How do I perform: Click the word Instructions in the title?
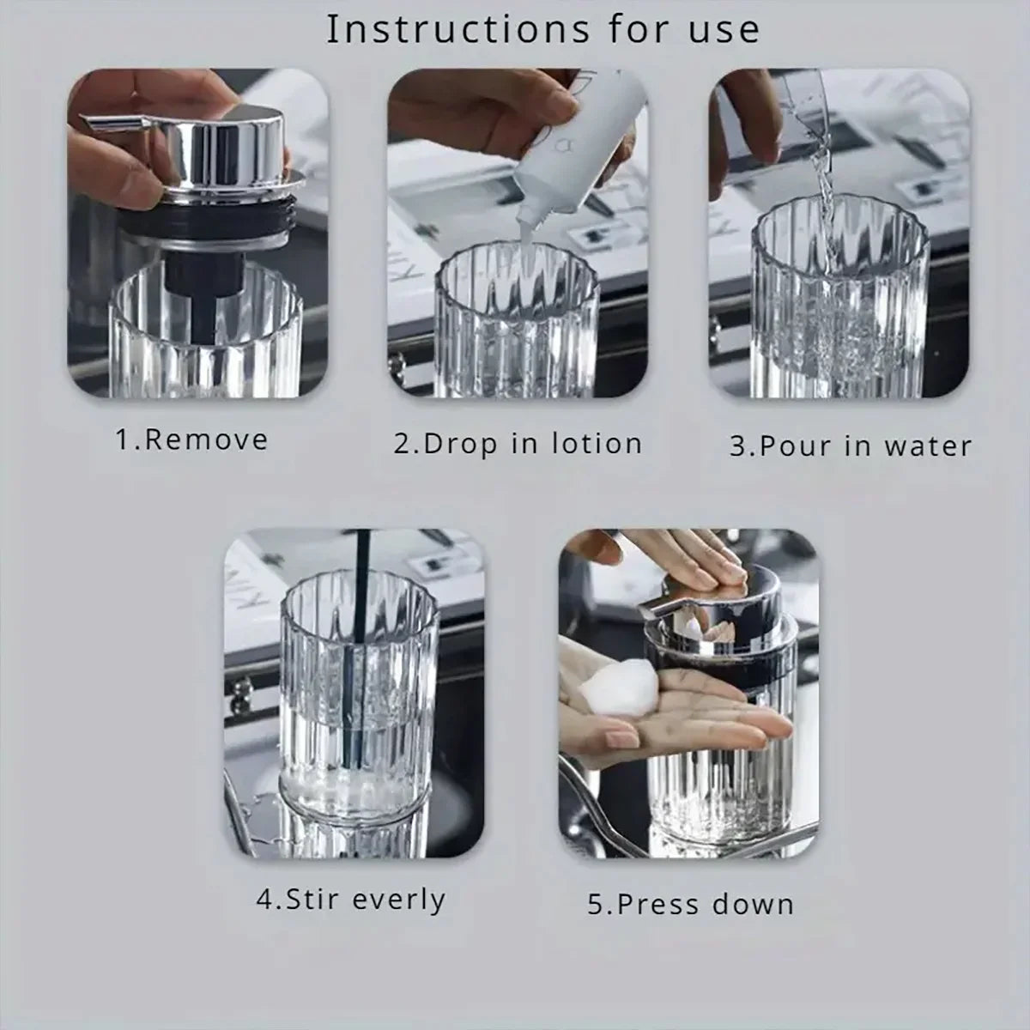click(x=457, y=30)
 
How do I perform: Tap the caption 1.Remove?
click(x=192, y=440)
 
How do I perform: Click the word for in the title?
click(x=639, y=30)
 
